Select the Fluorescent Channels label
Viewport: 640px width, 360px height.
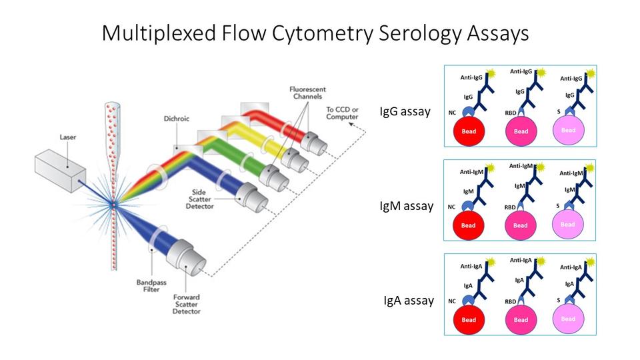click(x=289, y=94)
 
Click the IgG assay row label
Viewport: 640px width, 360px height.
click(x=404, y=111)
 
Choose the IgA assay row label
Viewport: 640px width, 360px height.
click(x=408, y=300)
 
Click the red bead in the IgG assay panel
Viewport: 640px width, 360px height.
click(x=469, y=131)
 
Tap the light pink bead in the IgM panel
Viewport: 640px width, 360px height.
click(x=568, y=224)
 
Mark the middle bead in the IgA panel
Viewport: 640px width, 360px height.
click(x=521, y=319)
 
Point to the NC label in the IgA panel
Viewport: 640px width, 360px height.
click(x=451, y=301)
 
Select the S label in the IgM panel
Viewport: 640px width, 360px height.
click(x=557, y=207)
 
